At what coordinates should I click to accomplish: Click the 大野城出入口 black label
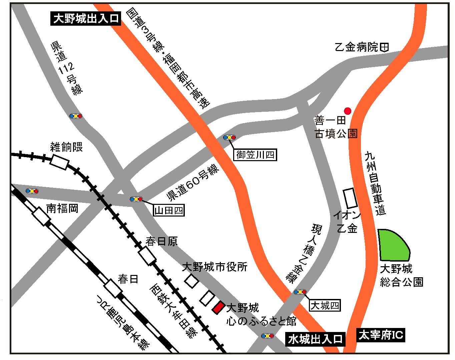click(86, 18)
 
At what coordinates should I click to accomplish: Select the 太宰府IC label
click(380, 335)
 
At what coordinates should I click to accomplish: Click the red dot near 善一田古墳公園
click(348, 110)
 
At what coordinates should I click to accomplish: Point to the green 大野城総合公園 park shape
click(394, 245)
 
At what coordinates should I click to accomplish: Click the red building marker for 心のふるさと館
click(218, 307)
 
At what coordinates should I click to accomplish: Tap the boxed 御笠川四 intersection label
click(256, 155)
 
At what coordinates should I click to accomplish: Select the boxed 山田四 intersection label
click(169, 210)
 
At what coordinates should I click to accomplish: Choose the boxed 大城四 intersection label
click(325, 305)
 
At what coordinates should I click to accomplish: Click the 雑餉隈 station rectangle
click(60, 162)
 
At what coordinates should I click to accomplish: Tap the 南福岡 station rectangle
click(41, 216)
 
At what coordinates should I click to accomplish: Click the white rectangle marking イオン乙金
click(350, 198)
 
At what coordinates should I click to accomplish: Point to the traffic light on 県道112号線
click(76, 116)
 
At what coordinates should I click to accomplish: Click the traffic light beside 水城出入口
click(268, 336)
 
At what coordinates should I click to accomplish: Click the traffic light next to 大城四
click(300, 292)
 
